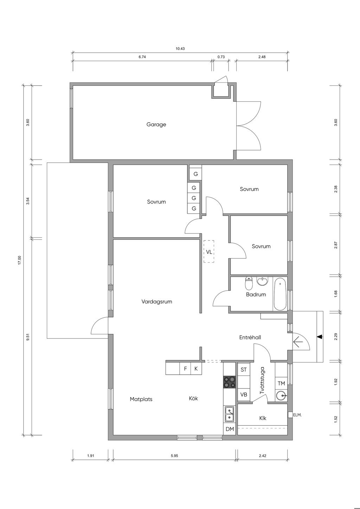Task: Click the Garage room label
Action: (156, 124)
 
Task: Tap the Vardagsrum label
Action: (156, 302)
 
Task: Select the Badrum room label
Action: (256, 295)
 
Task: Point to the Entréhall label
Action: (250, 337)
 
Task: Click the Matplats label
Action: (141, 399)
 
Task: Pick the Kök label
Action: (193, 398)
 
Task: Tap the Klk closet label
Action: (263, 418)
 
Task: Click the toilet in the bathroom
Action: (249, 283)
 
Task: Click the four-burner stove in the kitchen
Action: (230, 382)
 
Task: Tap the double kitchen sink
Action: (230, 414)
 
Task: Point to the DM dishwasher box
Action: (230, 429)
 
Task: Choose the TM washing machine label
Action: (281, 384)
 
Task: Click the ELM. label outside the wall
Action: (297, 415)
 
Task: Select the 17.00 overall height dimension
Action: (20, 260)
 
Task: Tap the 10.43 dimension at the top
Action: (180, 49)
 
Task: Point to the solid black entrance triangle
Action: (320, 337)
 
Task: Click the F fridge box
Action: (185, 369)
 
